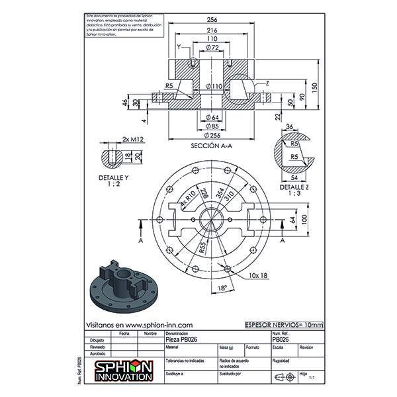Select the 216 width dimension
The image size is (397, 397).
click(212, 31)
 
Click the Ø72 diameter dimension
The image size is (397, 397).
click(212, 48)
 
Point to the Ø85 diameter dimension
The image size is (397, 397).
click(212, 126)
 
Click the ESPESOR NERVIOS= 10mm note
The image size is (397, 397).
click(284, 325)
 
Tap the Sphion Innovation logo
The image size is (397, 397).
click(124, 370)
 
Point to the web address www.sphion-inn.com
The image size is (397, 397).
click(140, 325)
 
